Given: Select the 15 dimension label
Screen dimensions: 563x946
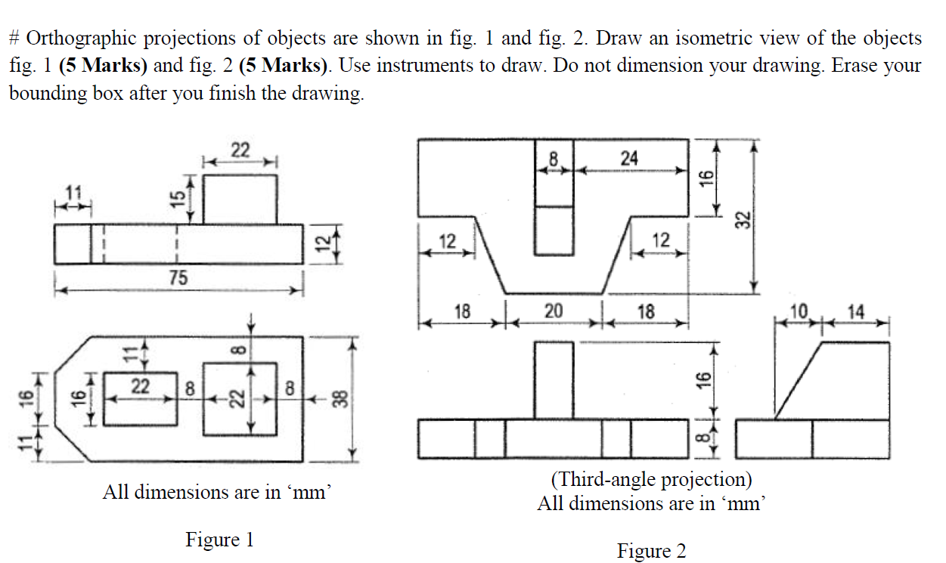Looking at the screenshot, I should [x=177, y=198].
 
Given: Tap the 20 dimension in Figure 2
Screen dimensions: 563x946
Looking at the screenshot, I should [x=553, y=311].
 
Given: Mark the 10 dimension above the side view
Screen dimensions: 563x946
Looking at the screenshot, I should [x=799, y=311].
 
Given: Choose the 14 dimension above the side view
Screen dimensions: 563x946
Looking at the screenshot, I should [x=857, y=311].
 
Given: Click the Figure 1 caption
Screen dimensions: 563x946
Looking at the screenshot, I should [x=219, y=540].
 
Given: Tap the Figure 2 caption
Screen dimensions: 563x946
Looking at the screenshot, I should [x=651, y=551].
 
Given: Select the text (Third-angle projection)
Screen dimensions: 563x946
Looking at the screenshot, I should [x=651, y=479].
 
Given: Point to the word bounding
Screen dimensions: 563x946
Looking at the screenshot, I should [x=46, y=94].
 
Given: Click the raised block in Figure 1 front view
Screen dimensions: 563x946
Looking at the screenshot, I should [x=240, y=199].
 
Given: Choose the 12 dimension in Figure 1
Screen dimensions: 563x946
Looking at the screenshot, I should [x=322, y=244].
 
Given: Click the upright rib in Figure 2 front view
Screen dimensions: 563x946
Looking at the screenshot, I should [x=553, y=379].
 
